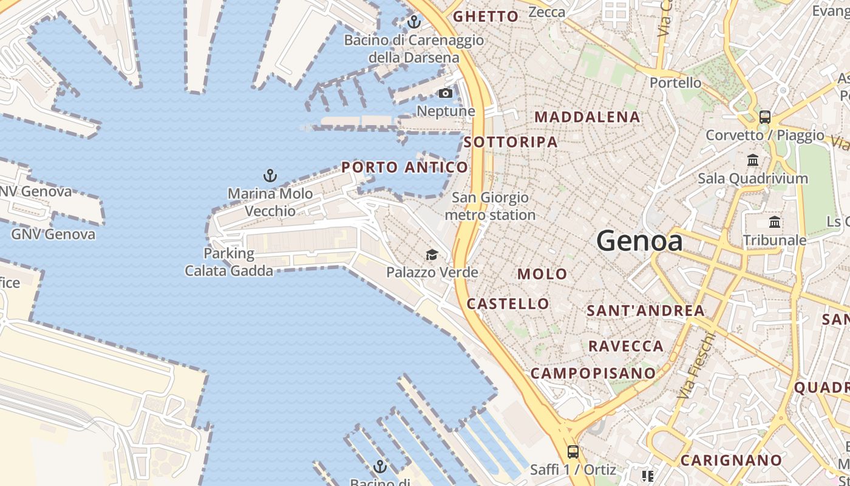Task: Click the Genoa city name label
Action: click(639, 241)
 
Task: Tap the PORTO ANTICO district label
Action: click(405, 167)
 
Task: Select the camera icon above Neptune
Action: click(446, 93)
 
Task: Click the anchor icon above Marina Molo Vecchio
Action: click(270, 176)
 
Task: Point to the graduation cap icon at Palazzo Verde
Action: click(432, 255)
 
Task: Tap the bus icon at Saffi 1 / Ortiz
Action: click(573, 451)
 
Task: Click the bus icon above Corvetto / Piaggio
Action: click(765, 117)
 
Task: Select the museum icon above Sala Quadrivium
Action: click(753, 160)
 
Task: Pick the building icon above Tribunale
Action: click(775, 222)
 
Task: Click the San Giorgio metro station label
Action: click(491, 206)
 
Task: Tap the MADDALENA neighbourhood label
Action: click(587, 117)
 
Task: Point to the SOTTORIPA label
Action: click(511, 142)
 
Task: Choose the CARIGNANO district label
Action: click(731, 460)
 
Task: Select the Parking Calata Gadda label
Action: click(229, 262)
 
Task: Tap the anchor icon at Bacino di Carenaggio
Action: click(414, 22)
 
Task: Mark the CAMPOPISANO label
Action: click(593, 373)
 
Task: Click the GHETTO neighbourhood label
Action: click(486, 16)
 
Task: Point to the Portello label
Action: click(675, 83)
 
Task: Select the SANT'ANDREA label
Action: click(645, 310)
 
